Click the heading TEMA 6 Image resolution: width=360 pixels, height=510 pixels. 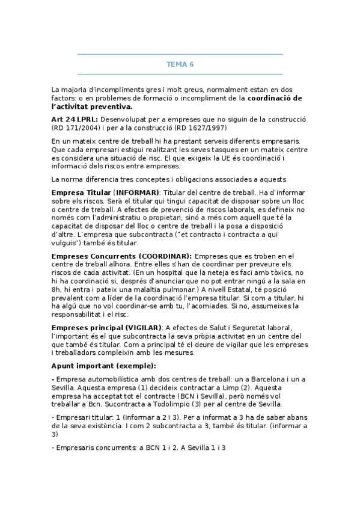[180, 64]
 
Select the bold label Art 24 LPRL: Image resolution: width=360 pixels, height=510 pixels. [75, 119]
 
